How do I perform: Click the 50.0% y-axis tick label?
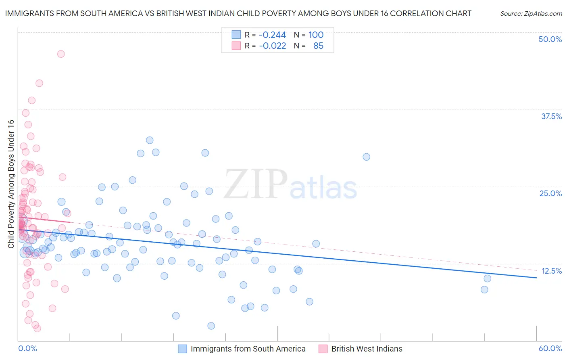click(550, 39)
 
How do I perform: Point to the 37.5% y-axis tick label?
click(551, 116)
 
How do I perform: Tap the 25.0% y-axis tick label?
click(550, 193)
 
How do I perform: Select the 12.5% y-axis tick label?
click(551, 271)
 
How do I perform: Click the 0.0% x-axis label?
click(27, 349)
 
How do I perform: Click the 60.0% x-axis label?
click(550, 349)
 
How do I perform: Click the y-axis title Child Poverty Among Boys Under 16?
click(11, 184)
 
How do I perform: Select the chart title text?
click(238, 13)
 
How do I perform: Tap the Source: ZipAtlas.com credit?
click(531, 13)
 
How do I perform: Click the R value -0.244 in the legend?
click(272, 35)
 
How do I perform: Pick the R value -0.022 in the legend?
click(272, 46)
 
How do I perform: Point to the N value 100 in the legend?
click(316, 35)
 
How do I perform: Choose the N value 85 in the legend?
click(318, 46)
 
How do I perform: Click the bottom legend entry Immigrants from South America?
click(248, 349)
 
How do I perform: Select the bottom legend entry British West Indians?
click(367, 349)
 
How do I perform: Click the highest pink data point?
click(61, 54)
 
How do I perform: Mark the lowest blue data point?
click(211, 326)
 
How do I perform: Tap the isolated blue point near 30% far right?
click(366, 157)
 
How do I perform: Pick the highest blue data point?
click(150, 140)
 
